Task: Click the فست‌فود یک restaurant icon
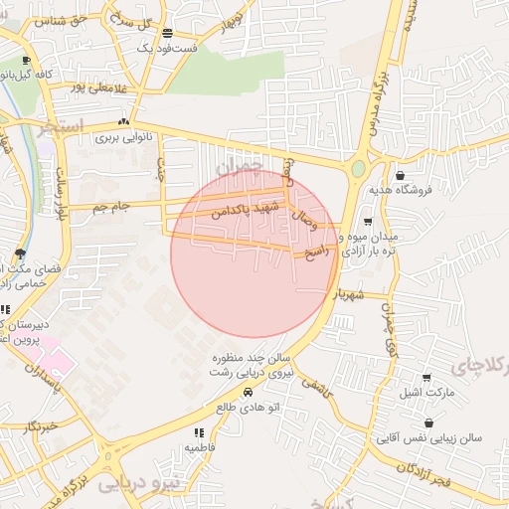pyautogui.click(x=167, y=33)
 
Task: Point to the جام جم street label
pyautogui.click(x=112, y=206)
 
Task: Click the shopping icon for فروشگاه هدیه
pyautogui.click(x=399, y=175)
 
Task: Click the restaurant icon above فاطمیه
pyautogui.click(x=199, y=432)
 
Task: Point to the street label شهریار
pyautogui.click(x=359, y=294)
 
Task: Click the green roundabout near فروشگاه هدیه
pyautogui.click(x=358, y=169)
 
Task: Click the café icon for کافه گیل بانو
pyautogui.click(x=54, y=61)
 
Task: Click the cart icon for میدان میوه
pyautogui.click(x=368, y=222)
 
